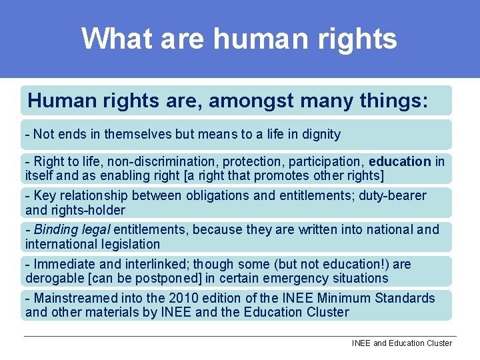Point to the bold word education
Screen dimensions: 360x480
click(x=400, y=162)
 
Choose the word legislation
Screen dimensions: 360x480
click(x=127, y=245)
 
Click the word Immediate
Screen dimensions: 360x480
click(x=63, y=265)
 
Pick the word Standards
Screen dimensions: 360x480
click(x=407, y=298)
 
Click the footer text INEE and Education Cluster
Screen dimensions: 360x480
click(x=401, y=343)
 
